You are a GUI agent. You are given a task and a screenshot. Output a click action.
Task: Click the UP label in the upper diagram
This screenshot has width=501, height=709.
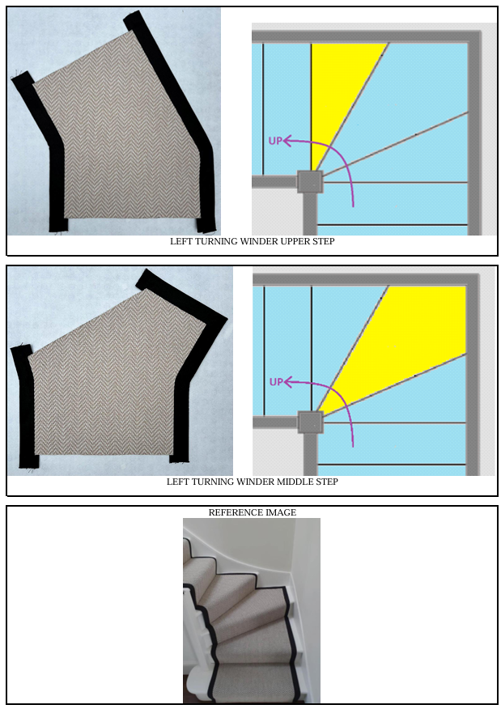pyautogui.click(x=275, y=141)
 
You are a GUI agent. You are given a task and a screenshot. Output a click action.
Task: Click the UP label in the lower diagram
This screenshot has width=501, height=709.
pyautogui.click(x=276, y=382)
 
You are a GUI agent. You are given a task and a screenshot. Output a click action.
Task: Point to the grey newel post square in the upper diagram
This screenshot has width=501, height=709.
pyautogui.click(x=310, y=182)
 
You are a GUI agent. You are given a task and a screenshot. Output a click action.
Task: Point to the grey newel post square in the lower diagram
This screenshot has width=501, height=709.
pyautogui.click(x=310, y=422)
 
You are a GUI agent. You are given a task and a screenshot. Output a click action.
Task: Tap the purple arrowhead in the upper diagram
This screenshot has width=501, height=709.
pyautogui.click(x=287, y=141)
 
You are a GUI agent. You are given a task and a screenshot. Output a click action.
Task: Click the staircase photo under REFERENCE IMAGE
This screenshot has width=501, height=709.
pyautogui.click(x=252, y=610)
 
